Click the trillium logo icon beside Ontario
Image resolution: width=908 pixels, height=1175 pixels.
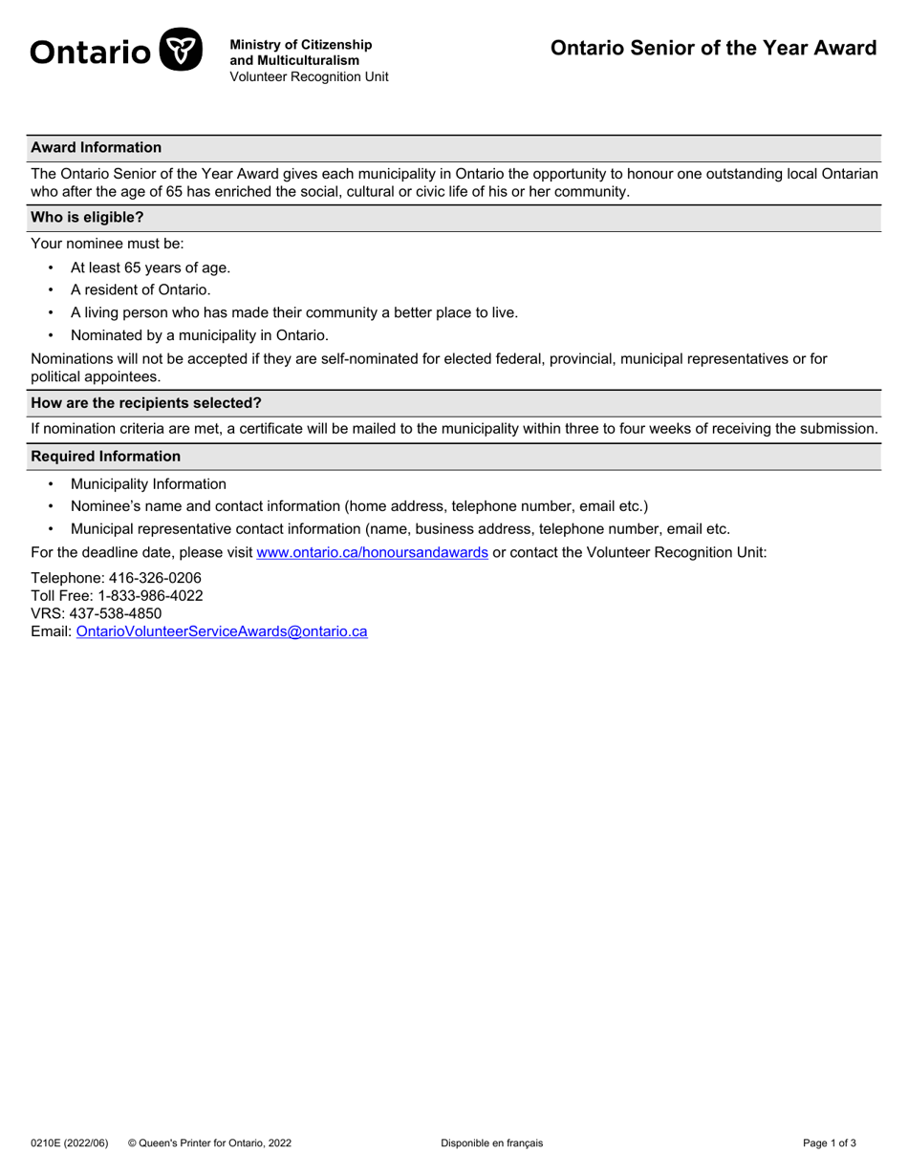point(180,50)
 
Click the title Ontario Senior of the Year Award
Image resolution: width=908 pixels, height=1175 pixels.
point(713,49)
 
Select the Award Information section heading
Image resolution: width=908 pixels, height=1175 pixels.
point(97,147)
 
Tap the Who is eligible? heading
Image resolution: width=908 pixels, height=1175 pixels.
point(87,217)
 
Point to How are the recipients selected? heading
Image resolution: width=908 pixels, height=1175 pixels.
point(146,402)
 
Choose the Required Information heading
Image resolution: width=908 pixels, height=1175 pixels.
point(106,456)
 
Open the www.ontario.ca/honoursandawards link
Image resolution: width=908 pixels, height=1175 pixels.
point(372,552)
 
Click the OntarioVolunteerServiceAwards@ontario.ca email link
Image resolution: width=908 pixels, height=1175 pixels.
point(222,631)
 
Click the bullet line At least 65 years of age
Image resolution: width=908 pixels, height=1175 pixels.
point(150,267)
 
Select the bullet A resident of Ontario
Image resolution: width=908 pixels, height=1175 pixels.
point(141,289)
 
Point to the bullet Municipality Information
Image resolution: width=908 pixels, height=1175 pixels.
point(148,484)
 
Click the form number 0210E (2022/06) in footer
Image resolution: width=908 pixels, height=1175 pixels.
point(70,1143)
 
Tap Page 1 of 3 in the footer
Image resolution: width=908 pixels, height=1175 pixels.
point(829,1143)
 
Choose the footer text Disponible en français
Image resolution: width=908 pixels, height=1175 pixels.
point(491,1143)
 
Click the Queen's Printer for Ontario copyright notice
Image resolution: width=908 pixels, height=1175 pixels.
point(209,1143)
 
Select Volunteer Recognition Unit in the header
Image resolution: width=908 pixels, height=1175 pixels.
point(309,76)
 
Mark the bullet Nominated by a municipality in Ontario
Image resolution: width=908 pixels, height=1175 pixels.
point(199,335)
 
